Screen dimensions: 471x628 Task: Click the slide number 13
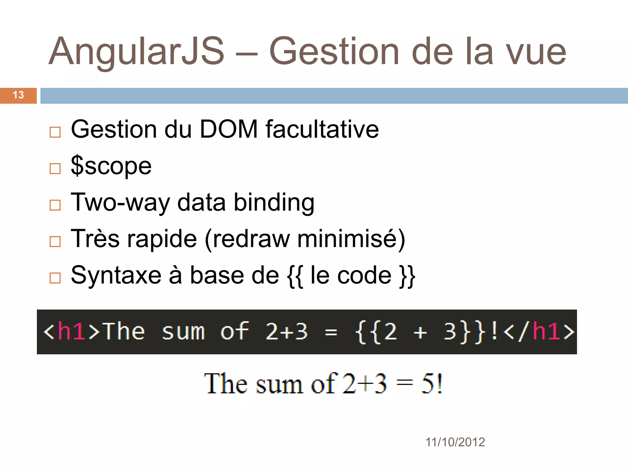point(18,95)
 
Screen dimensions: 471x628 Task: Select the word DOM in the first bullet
point(228,129)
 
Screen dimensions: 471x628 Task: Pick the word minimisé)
point(351,239)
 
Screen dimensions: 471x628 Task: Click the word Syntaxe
point(116,276)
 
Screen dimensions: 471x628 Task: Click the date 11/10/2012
point(455,442)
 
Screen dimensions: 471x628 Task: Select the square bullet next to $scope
point(55,169)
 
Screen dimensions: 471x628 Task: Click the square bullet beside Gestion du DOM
point(55,132)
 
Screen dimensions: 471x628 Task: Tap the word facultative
point(322,129)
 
